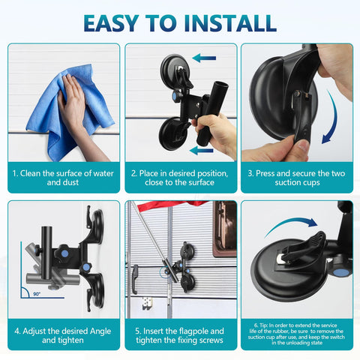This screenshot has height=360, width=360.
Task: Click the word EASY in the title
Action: tap(111, 23)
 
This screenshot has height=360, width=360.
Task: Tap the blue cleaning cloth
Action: tap(70, 112)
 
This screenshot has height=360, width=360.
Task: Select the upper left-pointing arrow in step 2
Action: tap(204, 58)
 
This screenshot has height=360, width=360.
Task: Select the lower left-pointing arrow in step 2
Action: tap(201, 151)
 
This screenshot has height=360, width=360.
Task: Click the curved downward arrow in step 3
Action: tap(331, 118)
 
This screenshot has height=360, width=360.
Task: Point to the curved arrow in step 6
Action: tap(291, 223)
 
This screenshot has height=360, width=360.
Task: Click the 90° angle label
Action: tap(37, 294)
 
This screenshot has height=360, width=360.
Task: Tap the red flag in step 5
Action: tap(172, 205)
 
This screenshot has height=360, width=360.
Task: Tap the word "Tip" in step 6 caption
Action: tap(263, 325)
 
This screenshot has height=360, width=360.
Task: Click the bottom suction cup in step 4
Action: tap(95, 290)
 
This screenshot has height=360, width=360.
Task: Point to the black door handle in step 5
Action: tap(135, 279)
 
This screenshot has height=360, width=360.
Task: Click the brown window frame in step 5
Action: tap(224, 229)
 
